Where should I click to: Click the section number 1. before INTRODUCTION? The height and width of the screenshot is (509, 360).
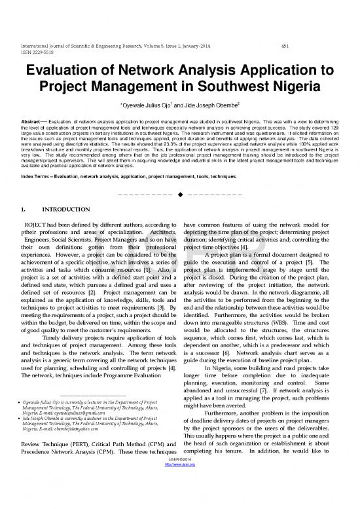point(23,229)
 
